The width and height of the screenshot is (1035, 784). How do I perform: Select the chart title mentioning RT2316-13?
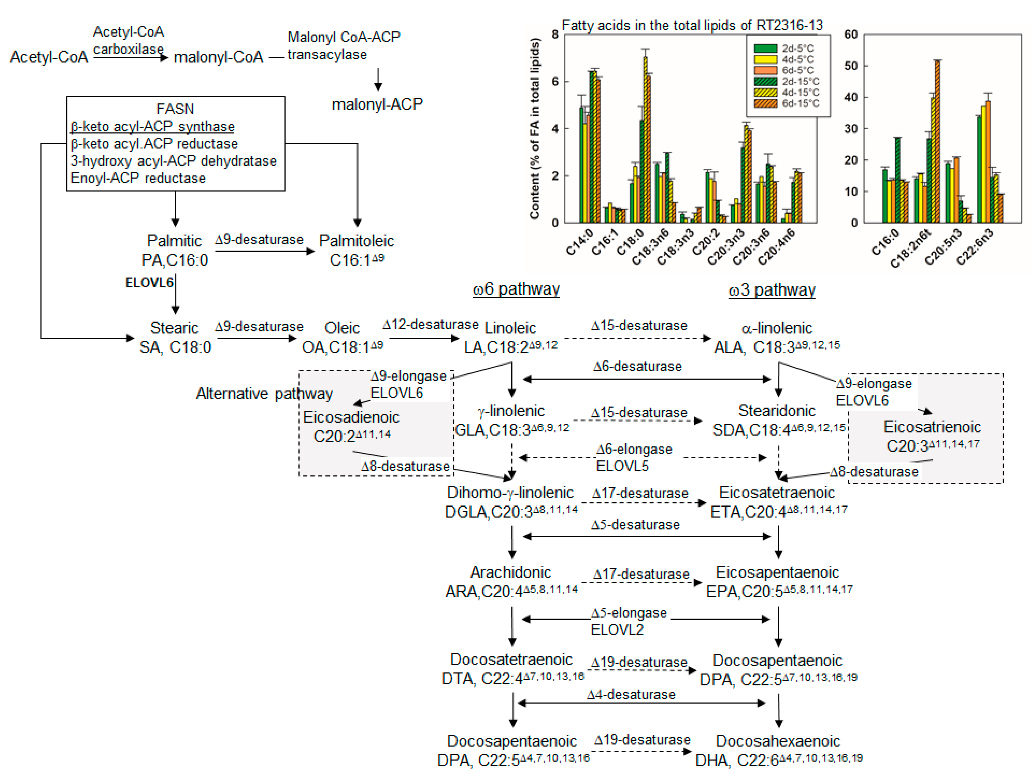pos(692,25)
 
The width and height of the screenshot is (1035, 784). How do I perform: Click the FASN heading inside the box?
pos(175,108)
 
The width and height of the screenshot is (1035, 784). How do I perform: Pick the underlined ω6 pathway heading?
pos(516,289)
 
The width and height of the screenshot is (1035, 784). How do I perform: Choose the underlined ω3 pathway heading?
pos(772,290)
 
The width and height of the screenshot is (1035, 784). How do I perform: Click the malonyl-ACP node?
pos(377,104)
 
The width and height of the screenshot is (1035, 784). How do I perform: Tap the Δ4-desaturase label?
pos(631,694)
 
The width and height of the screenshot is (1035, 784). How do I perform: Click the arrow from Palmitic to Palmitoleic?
pos(264,251)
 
